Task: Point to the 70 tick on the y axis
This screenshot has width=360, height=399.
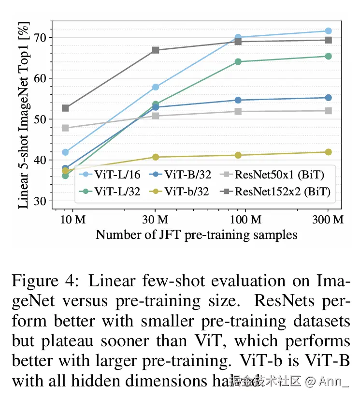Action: tap(40, 37)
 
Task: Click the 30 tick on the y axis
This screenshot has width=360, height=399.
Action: tap(40, 201)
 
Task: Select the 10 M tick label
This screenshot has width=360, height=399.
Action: tap(72, 220)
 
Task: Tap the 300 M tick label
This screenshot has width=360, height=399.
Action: tap(328, 220)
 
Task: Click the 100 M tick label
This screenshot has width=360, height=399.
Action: tap(245, 220)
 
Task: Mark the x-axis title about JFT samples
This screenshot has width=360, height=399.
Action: tap(196, 235)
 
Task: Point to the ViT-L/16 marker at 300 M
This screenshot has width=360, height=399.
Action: tap(328, 31)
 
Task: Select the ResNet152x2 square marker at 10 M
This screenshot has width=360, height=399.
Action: tap(65, 108)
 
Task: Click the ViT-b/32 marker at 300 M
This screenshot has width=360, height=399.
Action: tap(328, 152)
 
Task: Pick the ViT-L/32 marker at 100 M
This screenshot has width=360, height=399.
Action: tap(238, 61)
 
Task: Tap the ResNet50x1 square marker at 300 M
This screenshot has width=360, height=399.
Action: tap(328, 111)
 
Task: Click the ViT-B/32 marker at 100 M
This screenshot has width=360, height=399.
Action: tap(238, 100)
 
